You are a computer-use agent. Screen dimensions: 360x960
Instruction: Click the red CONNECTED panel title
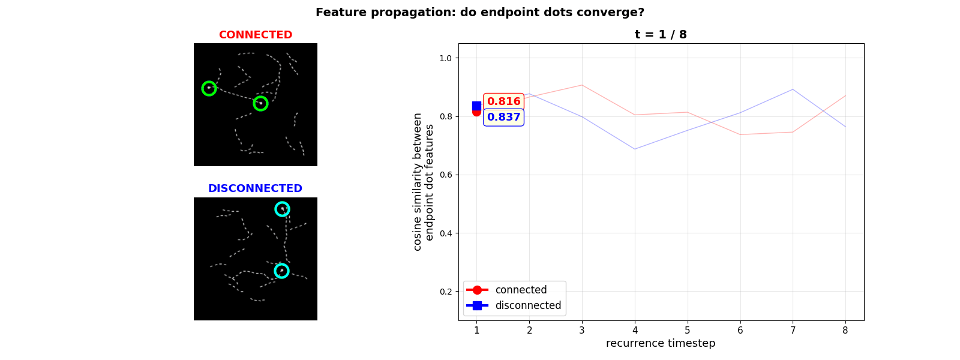click(255, 35)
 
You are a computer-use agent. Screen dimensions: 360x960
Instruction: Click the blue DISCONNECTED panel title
click(255, 188)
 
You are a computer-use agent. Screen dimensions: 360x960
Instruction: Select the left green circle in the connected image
click(209, 88)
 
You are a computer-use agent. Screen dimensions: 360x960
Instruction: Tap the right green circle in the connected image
click(260, 103)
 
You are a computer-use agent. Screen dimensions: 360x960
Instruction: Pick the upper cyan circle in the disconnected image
click(282, 209)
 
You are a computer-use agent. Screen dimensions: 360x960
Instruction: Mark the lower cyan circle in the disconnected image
click(281, 271)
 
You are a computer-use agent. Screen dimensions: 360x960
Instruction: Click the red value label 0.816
click(503, 101)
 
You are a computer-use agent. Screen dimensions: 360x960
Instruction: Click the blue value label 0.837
click(503, 117)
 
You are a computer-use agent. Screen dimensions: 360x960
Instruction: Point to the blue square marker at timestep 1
click(476, 106)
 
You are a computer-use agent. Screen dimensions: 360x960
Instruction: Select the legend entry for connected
click(520, 290)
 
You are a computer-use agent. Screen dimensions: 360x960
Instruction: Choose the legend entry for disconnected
click(527, 305)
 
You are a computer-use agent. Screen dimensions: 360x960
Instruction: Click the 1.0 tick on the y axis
click(445, 58)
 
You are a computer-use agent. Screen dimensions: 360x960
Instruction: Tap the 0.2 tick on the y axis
click(445, 292)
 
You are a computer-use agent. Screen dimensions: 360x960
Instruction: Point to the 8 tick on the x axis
click(845, 330)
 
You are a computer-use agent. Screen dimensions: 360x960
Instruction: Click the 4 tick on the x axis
click(635, 330)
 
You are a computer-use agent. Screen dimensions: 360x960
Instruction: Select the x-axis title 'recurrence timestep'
click(661, 343)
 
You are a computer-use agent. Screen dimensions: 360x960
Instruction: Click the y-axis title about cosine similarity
click(424, 182)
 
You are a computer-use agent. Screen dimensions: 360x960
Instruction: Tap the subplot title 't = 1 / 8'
click(661, 35)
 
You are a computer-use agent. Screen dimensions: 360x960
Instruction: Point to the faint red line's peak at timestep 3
click(582, 85)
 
